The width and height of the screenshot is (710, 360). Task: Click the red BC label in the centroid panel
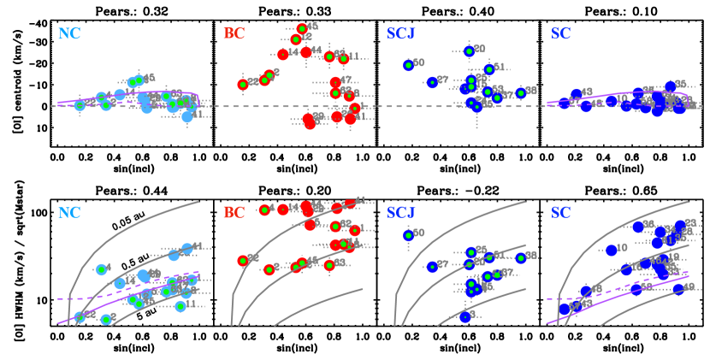234,34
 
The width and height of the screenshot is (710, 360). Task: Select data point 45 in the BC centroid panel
302,29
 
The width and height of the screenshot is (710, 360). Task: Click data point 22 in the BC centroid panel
243,84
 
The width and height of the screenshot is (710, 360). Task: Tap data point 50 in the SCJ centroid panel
408,65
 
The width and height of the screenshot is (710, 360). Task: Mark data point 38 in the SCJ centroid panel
520,92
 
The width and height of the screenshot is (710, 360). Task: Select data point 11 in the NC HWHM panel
180,306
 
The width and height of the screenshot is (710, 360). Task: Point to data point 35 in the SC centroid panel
670,86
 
